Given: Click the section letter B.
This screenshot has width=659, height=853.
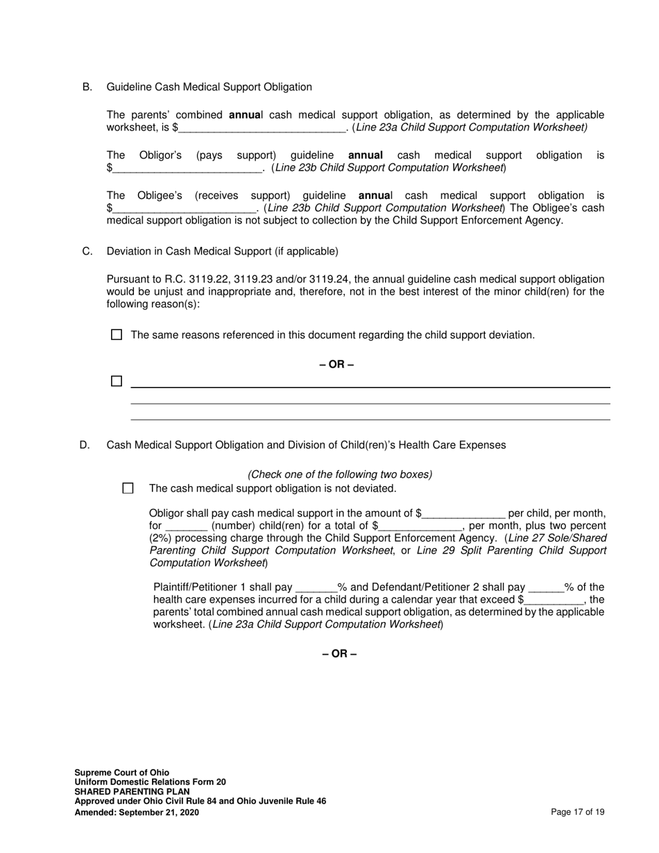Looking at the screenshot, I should tap(87, 87).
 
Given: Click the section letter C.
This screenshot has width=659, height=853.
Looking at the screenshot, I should tap(87, 251).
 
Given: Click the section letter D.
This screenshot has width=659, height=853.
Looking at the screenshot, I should tap(85, 445).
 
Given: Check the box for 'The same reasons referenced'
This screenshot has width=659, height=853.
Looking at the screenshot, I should tap(117, 335).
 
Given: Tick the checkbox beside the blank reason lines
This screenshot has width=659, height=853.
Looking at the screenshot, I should tap(117, 381).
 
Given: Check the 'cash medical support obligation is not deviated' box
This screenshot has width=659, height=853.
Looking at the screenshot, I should tap(128, 488).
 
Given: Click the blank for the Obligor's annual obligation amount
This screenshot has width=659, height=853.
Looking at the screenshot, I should tap(187, 168).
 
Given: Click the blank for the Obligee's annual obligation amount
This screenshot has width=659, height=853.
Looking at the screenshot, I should tap(184, 208).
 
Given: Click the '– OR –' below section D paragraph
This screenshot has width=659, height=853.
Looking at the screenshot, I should tap(339, 654).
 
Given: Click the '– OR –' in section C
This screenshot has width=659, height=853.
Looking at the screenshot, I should tap(336, 365).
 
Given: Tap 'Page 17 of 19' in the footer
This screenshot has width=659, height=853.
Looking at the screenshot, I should tap(577, 812).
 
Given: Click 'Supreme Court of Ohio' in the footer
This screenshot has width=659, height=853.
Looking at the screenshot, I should tap(121, 773).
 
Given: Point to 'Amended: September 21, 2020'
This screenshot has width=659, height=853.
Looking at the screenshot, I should tap(137, 812).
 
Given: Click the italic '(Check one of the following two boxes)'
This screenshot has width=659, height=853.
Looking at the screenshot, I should tap(340, 474).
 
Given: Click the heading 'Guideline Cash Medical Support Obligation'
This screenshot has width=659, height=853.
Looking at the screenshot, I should tap(209, 87).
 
